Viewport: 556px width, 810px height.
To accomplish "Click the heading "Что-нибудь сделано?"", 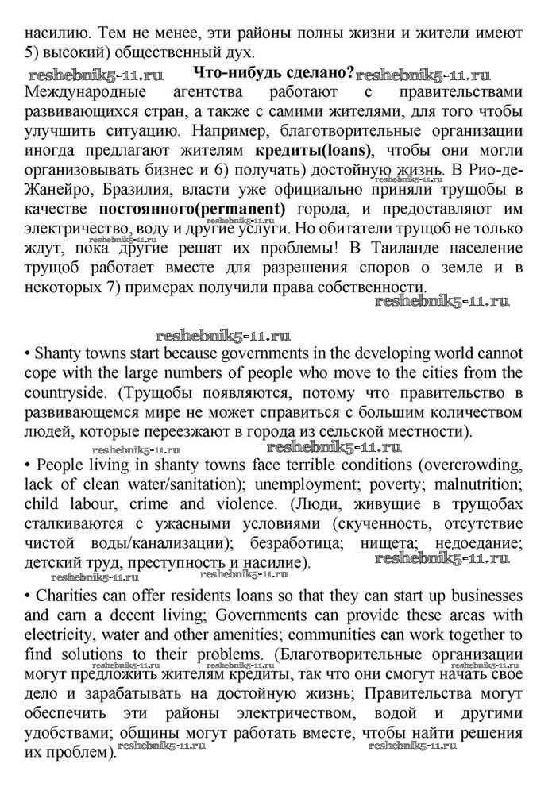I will point(268,73).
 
